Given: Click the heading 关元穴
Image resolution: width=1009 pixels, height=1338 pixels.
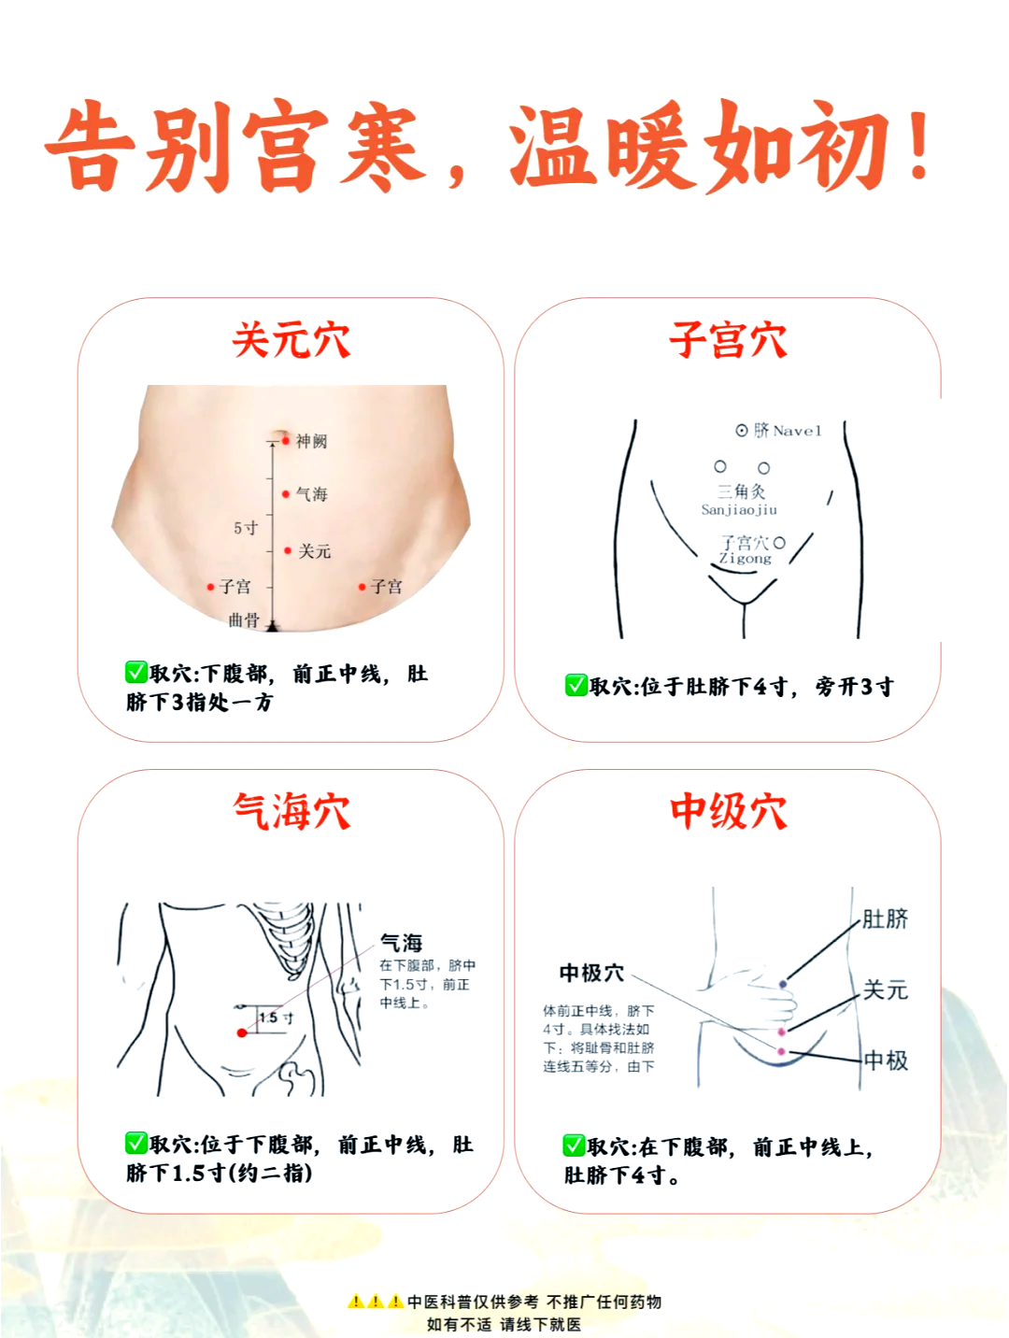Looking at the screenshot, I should pyautogui.click(x=291, y=340).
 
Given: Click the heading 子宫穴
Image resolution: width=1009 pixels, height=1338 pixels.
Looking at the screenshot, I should pyautogui.click(x=728, y=340).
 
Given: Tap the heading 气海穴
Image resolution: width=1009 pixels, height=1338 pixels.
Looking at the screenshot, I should pyautogui.click(x=291, y=811).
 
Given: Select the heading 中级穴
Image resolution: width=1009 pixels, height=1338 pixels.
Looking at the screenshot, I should pyautogui.click(x=728, y=811).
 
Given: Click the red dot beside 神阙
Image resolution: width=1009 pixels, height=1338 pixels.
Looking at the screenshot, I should pyautogui.click(x=286, y=440).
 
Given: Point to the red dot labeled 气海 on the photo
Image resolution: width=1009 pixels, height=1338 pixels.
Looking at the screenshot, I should pyautogui.click(x=286, y=493).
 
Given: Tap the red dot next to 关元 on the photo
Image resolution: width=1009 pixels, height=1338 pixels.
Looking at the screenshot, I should pyautogui.click(x=288, y=550).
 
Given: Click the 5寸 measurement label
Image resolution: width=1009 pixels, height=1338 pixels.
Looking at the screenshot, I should pyautogui.click(x=246, y=528).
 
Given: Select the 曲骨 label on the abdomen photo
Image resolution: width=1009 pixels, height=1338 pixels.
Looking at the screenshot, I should pyautogui.click(x=244, y=619).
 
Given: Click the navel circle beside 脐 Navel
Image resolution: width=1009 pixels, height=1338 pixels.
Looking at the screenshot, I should pyautogui.click(x=742, y=431).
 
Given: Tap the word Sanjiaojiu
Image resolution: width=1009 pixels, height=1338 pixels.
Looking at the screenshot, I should pyautogui.click(x=739, y=510).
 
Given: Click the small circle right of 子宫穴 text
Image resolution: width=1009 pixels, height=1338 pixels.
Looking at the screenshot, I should pyautogui.click(x=779, y=542).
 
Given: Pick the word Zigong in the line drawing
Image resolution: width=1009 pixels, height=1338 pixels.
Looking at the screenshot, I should pyautogui.click(x=745, y=559).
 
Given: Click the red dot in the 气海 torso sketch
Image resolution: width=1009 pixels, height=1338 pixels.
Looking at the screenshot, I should pyautogui.click(x=242, y=1032).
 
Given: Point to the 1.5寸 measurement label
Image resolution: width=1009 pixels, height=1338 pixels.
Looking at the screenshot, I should pyautogui.click(x=276, y=1018).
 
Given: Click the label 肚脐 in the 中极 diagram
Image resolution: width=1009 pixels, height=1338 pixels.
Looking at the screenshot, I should pyautogui.click(x=885, y=919).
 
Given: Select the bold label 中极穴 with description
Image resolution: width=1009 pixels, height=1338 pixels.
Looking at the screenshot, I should pyautogui.click(x=590, y=974).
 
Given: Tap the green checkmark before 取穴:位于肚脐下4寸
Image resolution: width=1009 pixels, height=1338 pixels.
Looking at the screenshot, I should pyautogui.click(x=576, y=686).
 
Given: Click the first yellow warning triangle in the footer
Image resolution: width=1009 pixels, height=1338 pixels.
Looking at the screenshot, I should pyautogui.click(x=356, y=1301).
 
